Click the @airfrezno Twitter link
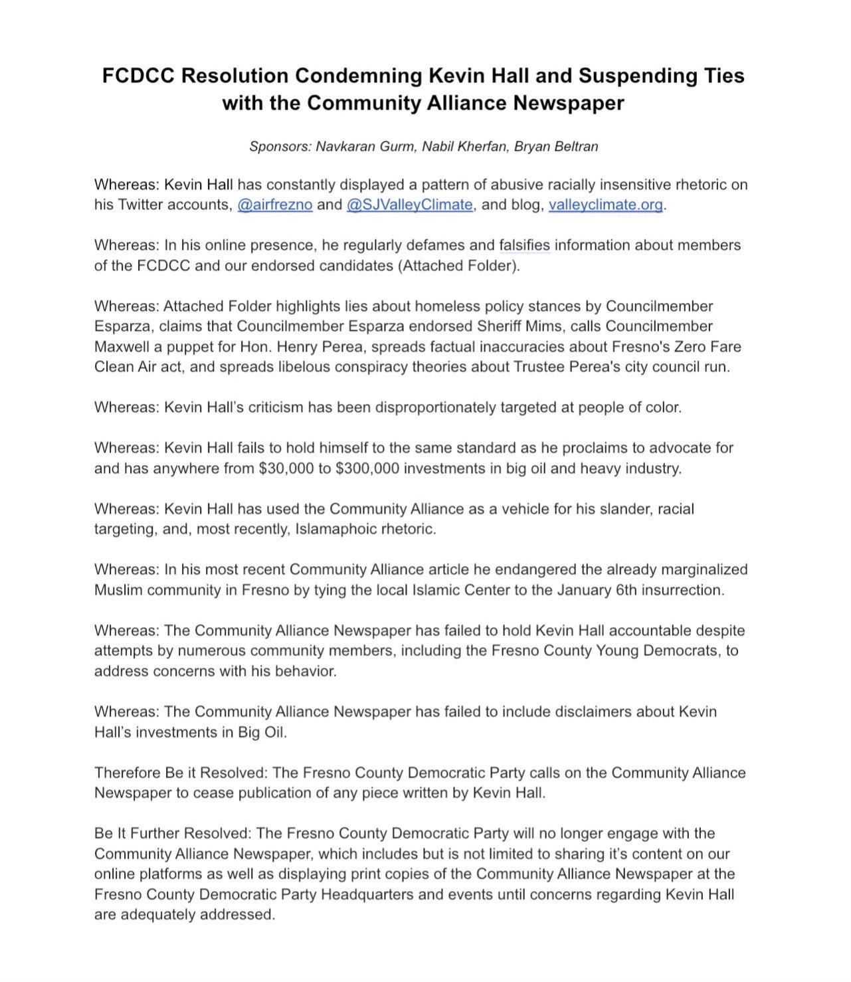(x=274, y=205)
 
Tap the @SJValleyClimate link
(x=409, y=205)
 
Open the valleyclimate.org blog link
(x=605, y=205)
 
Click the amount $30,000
(x=284, y=468)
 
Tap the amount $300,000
(x=367, y=468)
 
